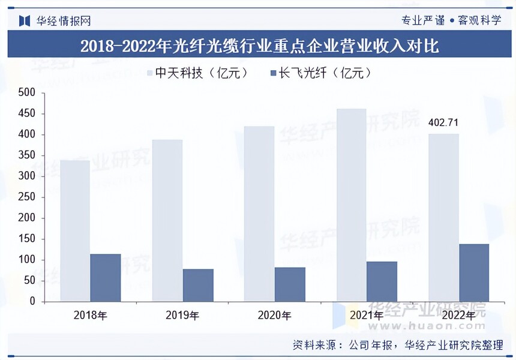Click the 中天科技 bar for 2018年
pyautogui.click(x=75, y=231)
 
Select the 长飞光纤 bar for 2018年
pyautogui.click(x=106, y=277)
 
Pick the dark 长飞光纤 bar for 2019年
pyautogui.click(x=198, y=285)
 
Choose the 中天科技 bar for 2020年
pyautogui.click(x=259, y=214)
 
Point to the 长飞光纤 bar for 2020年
pyautogui.click(x=290, y=284)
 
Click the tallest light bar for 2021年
pyautogui.click(x=351, y=205)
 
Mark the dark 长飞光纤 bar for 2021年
pyautogui.click(x=382, y=281)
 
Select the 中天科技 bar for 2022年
pyautogui.click(x=443, y=217)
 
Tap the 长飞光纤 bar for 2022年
pyautogui.click(x=474, y=272)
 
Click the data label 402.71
pyautogui.click(x=443, y=123)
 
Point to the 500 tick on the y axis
pyautogui.click(x=27, y=93)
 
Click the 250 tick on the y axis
pyautogui.click(x=27, y=197)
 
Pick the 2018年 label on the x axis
pyautogui.click(x=90, y=315)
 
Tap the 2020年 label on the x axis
pyautogui.click(x=274, y=315)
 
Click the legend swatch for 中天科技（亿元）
pyautogui.click(x=151, y=73)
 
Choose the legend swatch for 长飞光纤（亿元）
pyautogui.click(x=274, y=73)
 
